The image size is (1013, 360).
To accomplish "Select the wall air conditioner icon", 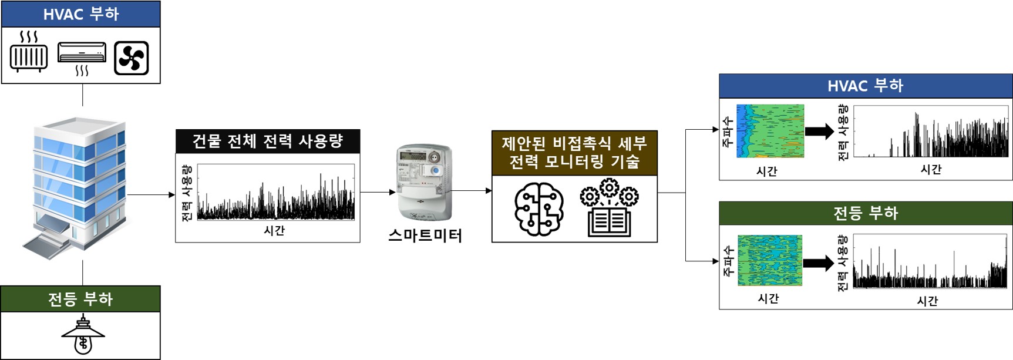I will coord(82,53).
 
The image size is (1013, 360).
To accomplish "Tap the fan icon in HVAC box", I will coord(131,58).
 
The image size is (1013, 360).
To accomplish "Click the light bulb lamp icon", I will coord(83,335).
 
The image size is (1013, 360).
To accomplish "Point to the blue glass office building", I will coord(78,185).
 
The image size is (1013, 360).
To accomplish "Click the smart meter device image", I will coord(425,182).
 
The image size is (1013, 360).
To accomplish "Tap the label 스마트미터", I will coord(425,235).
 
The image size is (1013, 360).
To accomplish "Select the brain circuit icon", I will coord(539,208).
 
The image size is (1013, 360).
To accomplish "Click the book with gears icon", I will coord(610,208).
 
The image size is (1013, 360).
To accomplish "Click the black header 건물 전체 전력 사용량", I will coord(268,142).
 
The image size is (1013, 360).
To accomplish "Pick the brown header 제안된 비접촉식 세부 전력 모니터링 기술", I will coord(574,153).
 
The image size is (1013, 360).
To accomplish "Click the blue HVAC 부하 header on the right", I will coord(866,86).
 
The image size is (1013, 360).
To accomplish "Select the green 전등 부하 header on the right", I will coord(866,213).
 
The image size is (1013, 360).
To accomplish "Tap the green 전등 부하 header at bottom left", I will coord(80,299).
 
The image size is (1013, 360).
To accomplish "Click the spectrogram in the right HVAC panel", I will coord(770,131).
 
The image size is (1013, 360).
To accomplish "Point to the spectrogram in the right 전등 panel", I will coord(770,260).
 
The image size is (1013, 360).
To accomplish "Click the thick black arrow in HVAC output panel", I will coord(819,131).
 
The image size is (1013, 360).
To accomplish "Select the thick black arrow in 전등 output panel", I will coord(819,263).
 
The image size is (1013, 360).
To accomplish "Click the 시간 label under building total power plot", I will coord(274,231).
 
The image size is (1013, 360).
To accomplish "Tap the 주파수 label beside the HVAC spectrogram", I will coord(728,132).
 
